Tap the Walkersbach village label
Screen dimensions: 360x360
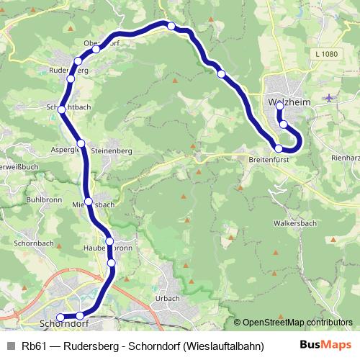pos(297,224)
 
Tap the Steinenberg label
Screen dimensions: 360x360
pos(112,150)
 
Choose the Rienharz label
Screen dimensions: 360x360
pos(346,158)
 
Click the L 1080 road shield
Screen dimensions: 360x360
pos(325,54)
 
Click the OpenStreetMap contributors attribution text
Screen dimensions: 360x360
pos(297,323)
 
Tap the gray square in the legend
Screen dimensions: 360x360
pos(10,346)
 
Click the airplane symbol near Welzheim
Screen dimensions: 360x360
pos(330,97)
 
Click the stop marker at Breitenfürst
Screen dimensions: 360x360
pos(279,148)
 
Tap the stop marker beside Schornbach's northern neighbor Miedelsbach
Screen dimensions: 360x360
pos(88,202)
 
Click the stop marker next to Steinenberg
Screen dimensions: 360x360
pos(81,143)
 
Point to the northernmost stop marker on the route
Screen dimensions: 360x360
pos(171,26)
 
